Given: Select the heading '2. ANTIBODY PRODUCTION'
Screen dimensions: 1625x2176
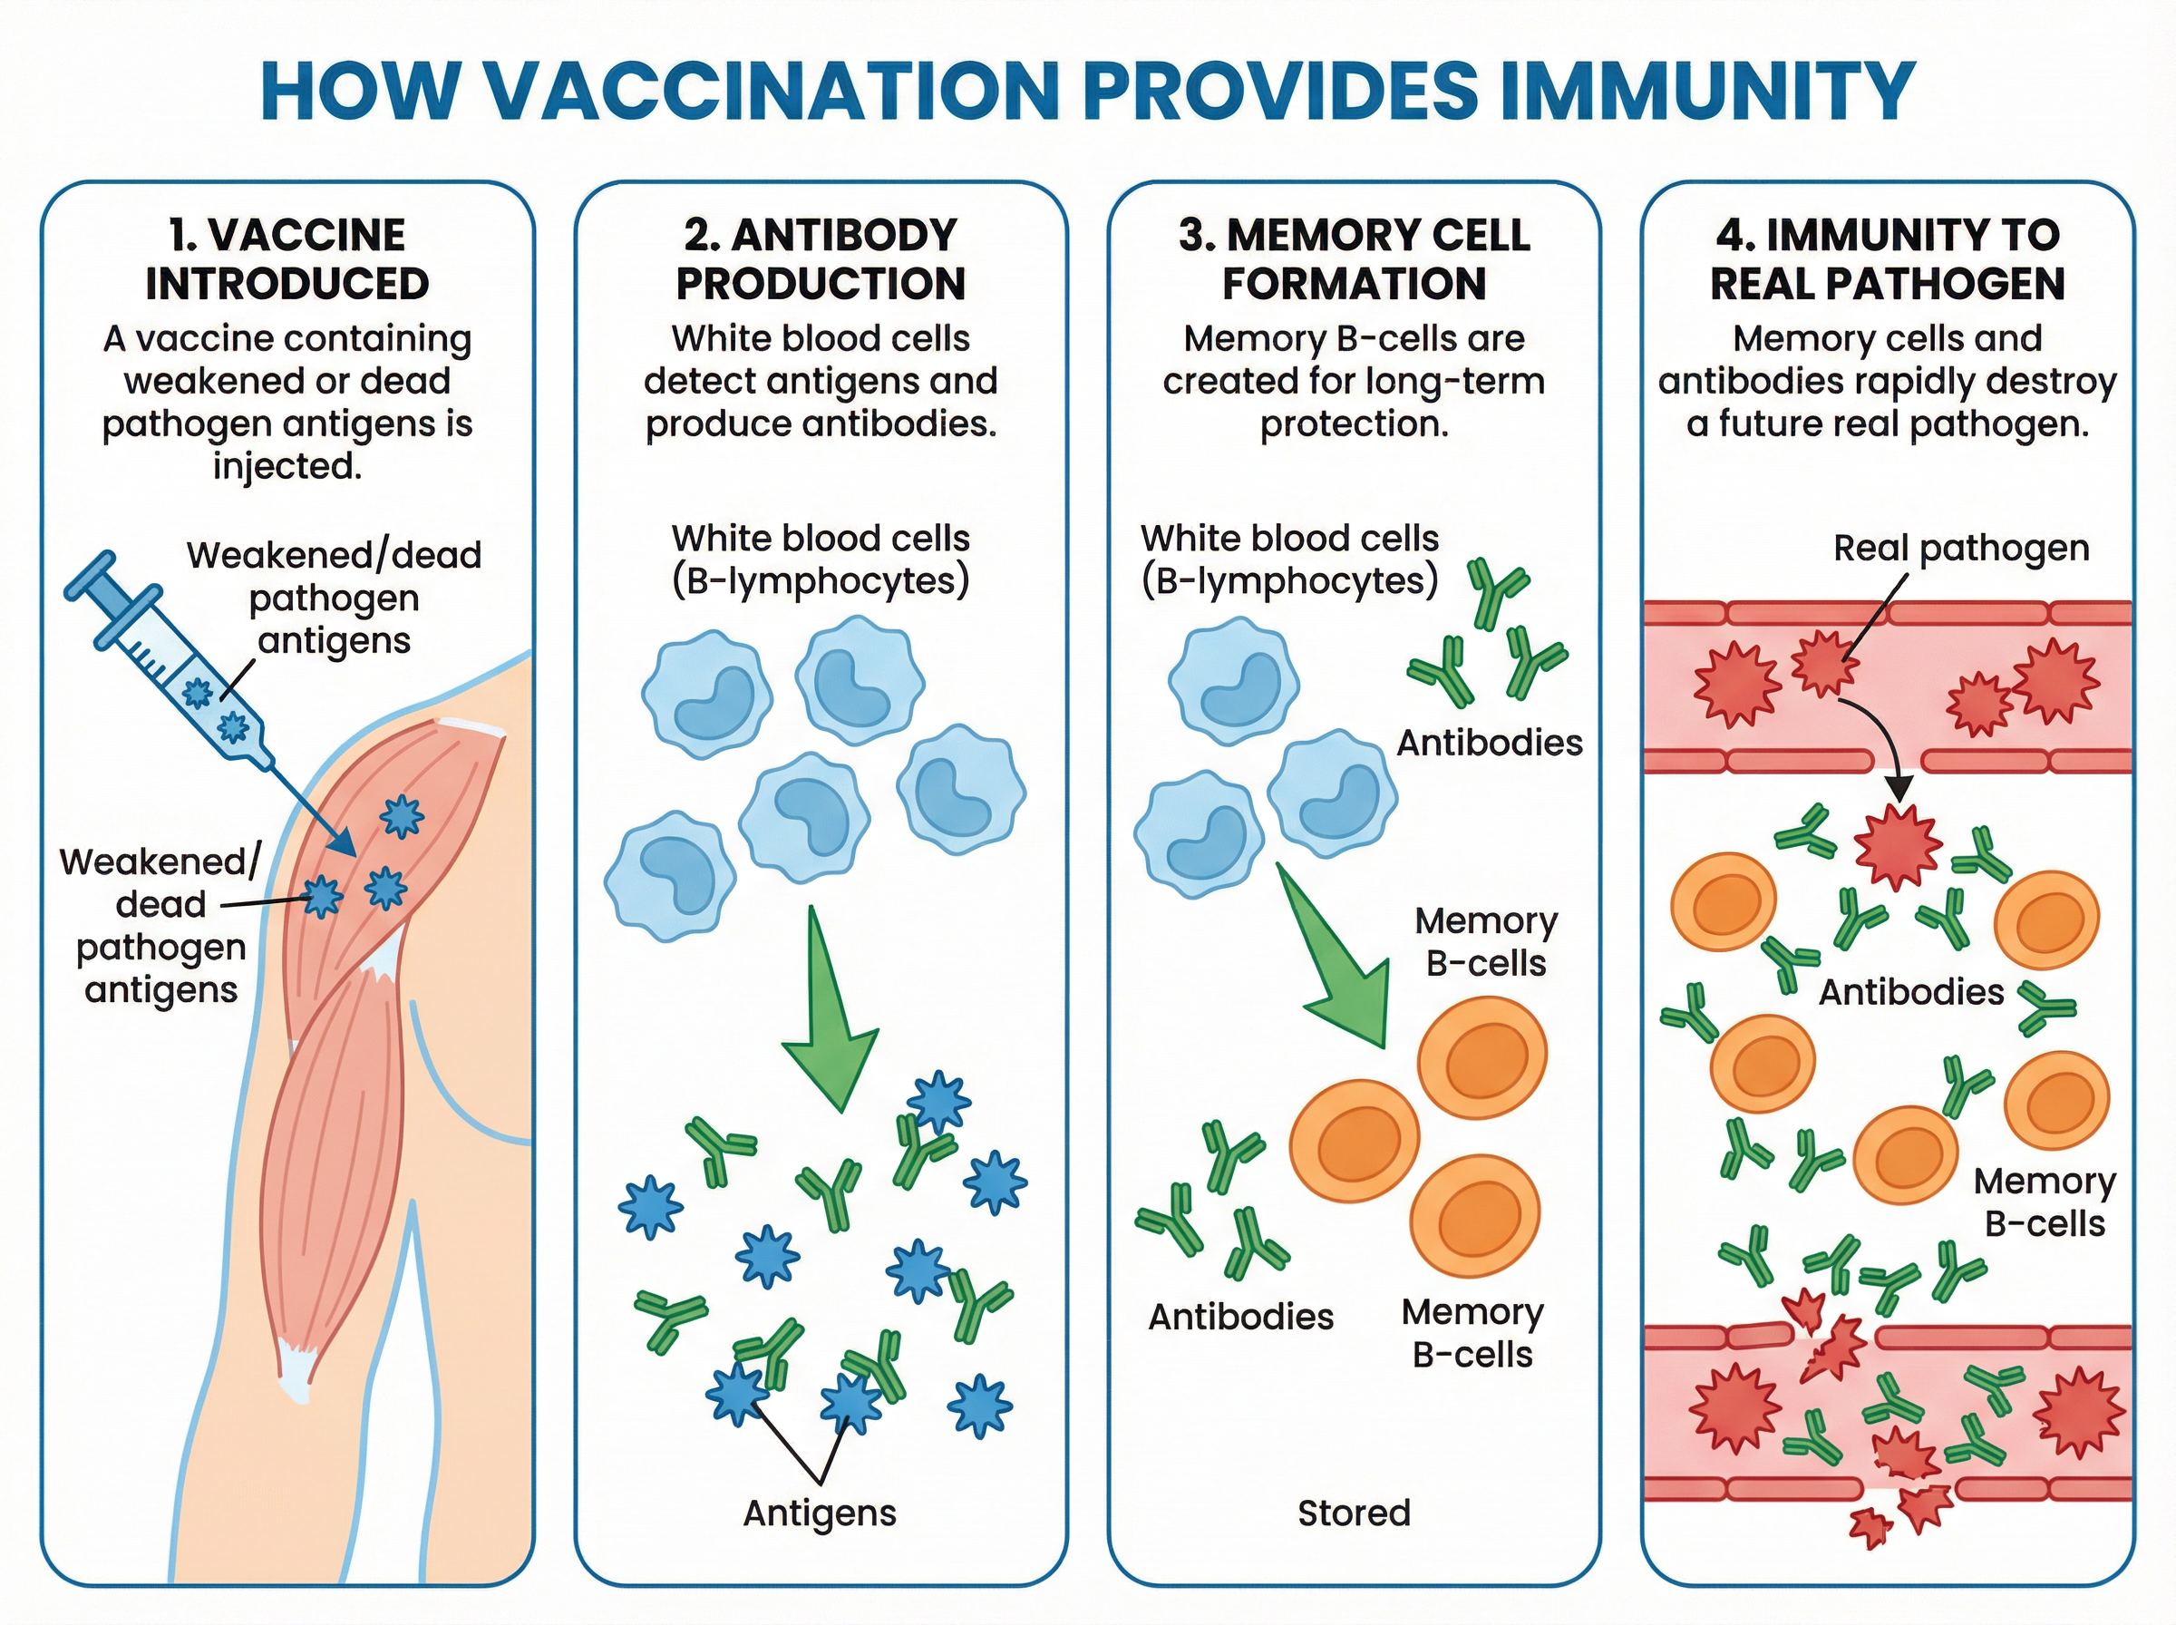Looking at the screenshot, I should point(820,258).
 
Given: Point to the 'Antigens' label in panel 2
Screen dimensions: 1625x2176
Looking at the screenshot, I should point(819,1513).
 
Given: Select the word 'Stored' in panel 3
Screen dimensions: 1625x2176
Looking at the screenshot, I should point(1354,1513).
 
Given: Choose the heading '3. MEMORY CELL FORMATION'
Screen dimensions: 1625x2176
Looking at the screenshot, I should point(1354,258).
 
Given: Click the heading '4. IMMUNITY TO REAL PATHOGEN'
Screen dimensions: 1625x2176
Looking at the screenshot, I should point(1887,258).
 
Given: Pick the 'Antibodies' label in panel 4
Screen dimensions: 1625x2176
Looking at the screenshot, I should point(1910,991).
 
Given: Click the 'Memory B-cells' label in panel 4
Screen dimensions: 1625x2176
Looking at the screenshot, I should point(2045,1202).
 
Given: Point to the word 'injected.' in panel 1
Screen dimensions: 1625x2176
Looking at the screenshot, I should point(287,466).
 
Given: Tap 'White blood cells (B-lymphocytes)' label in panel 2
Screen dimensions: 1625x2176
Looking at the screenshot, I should point(820,559).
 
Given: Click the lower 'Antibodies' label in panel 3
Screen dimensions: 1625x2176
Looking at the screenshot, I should point(1240,1316).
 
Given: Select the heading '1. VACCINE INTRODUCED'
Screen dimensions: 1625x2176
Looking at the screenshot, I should point(287,258).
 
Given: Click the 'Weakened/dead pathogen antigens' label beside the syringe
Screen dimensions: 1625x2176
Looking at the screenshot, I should point(335,597).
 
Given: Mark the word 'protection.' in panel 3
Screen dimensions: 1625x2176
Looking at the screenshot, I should point(1354,424).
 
